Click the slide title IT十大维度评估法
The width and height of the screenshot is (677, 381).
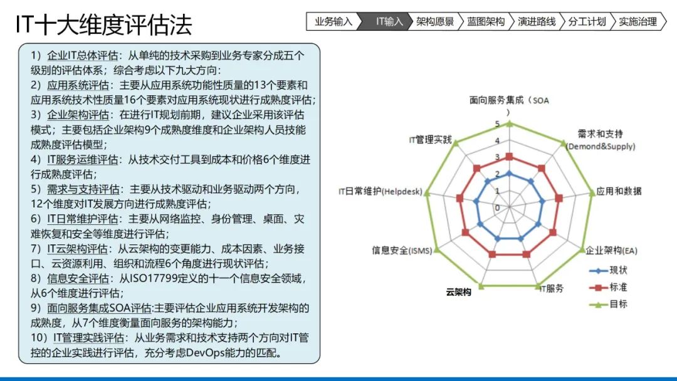click(x=104, y=25)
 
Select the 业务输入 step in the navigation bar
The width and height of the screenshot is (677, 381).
click(x=333, y=22)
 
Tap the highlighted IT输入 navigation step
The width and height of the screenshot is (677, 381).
click(x=389, y=22)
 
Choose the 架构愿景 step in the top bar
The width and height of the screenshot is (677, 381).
click(x=435, y=22)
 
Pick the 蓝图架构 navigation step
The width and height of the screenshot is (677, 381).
click(x=486, y=22)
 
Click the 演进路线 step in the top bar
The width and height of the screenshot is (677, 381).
click(x=537, y=22)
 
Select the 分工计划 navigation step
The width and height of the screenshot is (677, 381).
click(x=587, y=22)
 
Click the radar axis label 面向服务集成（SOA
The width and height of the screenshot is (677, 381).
click(x=510, y=100)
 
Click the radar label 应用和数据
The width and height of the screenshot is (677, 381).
click(x=619, y=191)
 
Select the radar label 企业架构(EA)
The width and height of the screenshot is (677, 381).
click(x=611, y=251)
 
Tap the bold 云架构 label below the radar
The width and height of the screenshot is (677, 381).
click(x=458, y=292)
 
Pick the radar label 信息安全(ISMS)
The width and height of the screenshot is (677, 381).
click(x=402, y=251)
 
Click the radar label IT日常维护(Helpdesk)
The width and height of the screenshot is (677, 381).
click(x=380, y=191)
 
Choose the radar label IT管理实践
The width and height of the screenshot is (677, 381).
click(x=429, y=139)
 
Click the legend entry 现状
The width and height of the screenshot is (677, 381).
click(x=617, y=271)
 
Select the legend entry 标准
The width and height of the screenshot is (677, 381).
click(x=617, y=287)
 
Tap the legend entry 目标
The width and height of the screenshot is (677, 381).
click(x=617, y=304)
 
